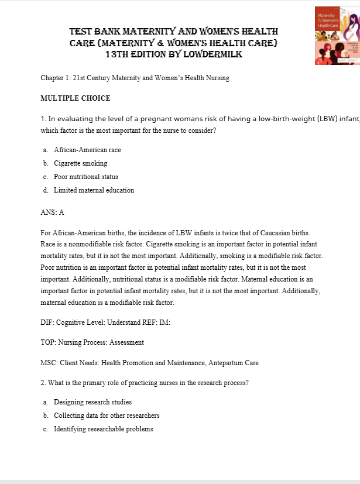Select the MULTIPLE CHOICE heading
(x=76, y=98)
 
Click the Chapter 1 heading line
(x=135, y=78)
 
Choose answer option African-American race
(x=87, y=150)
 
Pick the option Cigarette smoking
(x=80, y=163)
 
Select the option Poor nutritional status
(x=86, y=177)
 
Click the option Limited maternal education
(x=94, y=190)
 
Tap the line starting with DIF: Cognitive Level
(x=105, y=322)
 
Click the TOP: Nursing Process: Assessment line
(x=92, y=342)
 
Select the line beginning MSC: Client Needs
(x=149, y=363)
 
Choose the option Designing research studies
(x=92, y=402)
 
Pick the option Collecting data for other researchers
(x=107, y=416)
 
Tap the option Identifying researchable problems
(x=104, y=429)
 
